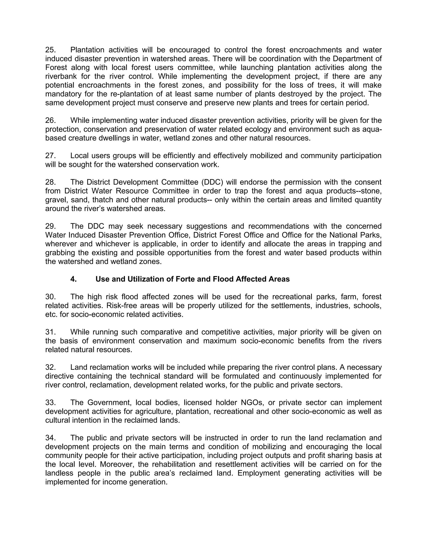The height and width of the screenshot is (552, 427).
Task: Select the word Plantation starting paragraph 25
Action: (87, 50)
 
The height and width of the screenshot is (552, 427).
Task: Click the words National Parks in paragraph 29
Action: (355, 235)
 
